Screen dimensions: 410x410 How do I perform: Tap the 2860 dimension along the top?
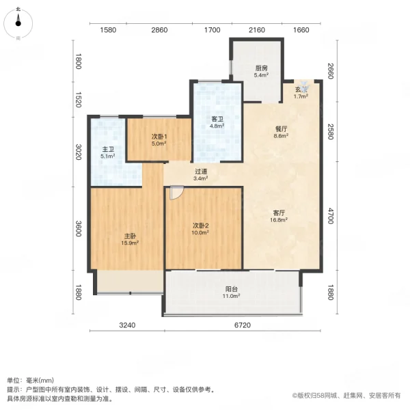point(159,30)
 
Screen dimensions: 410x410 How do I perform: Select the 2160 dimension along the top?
point(256,30)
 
